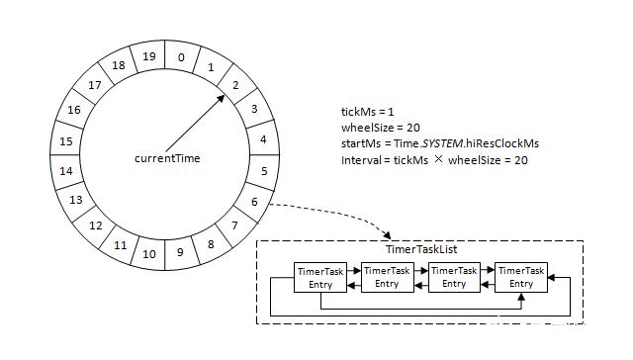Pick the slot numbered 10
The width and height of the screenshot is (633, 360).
[x=148, y=254]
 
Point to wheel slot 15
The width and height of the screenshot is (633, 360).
[x=67, y=141]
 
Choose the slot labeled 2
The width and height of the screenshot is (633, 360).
[x=234, y=85]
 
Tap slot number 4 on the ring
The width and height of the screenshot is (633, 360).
[x=262, y=139]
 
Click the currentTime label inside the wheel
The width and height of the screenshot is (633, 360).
[x=168, y=158]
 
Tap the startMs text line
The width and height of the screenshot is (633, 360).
[x=439, y=144]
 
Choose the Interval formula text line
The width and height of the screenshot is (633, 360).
[x=433, y=160]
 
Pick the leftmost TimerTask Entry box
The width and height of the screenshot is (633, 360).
[x=319, y=278]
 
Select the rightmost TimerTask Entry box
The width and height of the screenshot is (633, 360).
[x=520, y=278]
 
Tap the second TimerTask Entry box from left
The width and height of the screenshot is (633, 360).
[x=387, y=278]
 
